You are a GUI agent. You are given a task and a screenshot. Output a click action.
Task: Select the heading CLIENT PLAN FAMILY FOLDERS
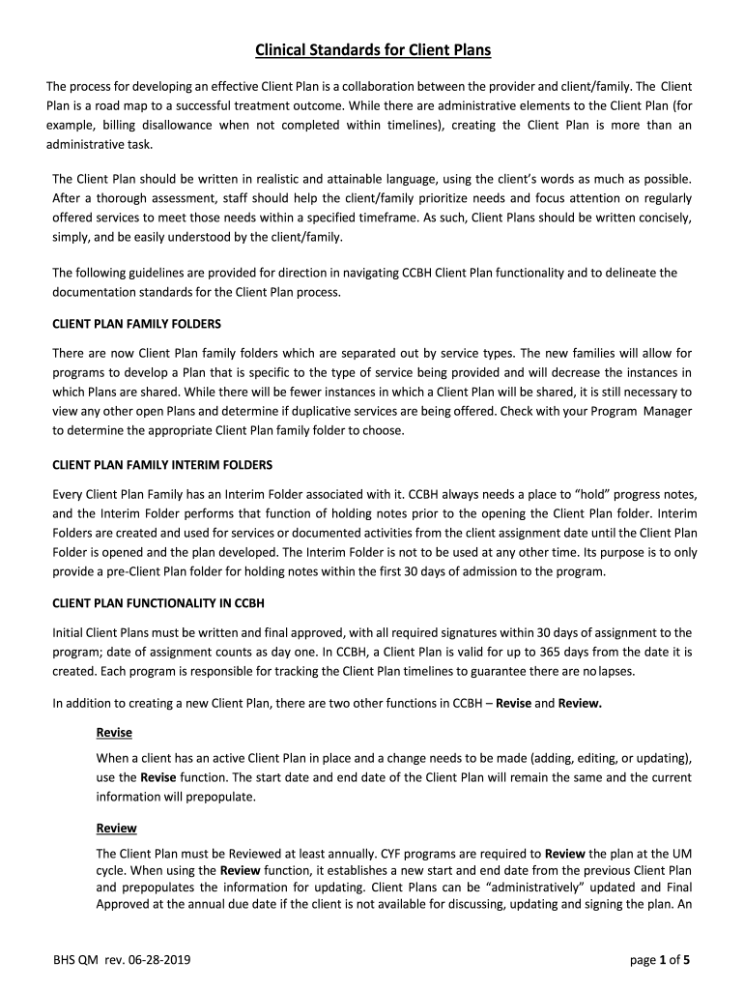143,323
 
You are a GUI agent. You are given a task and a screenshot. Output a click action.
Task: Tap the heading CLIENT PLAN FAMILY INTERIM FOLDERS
162,463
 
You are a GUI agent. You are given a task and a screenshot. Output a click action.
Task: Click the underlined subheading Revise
114,733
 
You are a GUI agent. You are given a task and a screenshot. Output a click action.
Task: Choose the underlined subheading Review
116,829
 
